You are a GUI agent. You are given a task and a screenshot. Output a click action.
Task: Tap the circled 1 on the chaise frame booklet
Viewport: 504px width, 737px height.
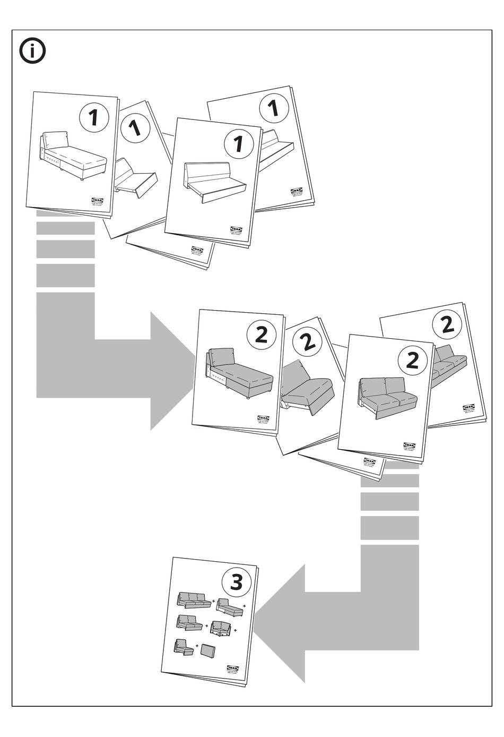[94, 117]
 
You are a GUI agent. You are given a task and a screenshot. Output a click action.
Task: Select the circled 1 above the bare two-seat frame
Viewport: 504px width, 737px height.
[238, 143]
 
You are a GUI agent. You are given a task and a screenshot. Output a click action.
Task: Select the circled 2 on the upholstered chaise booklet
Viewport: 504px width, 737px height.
[261, 335]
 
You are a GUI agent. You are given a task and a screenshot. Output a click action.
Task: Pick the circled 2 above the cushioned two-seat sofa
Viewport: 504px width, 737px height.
[412, 360]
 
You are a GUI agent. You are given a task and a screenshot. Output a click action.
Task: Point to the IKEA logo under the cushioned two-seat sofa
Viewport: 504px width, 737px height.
[410, 445]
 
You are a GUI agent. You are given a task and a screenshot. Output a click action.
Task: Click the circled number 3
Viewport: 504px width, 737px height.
[236, 582]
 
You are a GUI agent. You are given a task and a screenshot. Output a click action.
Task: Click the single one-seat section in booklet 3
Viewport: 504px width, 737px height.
[184, 647]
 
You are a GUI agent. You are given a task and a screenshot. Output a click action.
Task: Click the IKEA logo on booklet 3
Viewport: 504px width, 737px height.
[233, 668]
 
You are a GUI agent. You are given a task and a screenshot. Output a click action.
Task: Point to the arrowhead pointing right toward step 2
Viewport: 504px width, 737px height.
[173, 370]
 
